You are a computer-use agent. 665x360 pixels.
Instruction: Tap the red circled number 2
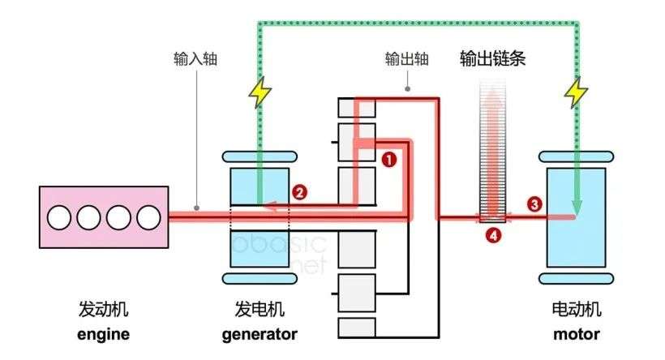pos(299,193)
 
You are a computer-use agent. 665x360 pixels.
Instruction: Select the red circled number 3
pos(534,204)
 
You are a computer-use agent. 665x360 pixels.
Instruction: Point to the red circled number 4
pos(492,236)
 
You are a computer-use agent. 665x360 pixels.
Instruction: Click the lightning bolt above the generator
pos(260,94)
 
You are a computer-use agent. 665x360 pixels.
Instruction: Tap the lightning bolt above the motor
pos(577,94)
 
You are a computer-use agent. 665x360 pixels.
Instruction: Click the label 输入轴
pos(195,59)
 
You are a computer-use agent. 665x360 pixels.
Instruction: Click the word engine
pos(103,334)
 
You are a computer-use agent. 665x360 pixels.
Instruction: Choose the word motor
pos(576,334)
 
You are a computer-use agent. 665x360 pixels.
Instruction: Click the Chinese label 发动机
pos(103,310)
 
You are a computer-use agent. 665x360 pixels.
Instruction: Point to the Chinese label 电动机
pos(576,310)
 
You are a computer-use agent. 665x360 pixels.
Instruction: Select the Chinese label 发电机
pos(260,310)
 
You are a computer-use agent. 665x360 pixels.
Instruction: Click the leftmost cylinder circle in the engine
pos(60,217)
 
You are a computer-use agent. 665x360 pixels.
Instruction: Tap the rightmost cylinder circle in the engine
pos(148,217)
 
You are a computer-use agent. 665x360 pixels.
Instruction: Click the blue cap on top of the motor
pos(576,153)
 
